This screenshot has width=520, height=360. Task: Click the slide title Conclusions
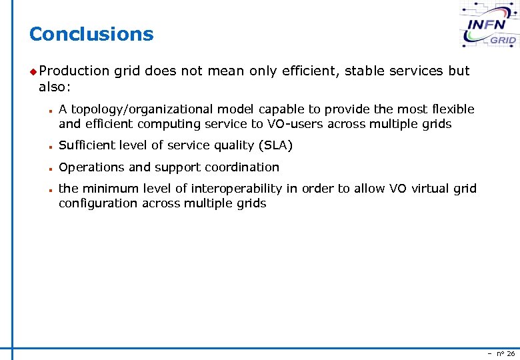point(91,34)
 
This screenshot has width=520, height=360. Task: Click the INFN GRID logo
point(491,25)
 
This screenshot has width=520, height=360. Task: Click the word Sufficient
point(86,145)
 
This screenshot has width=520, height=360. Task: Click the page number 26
point(511,353)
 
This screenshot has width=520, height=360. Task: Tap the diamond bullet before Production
point(33,71)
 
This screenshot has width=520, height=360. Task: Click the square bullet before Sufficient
point(50,146)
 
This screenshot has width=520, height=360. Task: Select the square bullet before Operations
point(50,168)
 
